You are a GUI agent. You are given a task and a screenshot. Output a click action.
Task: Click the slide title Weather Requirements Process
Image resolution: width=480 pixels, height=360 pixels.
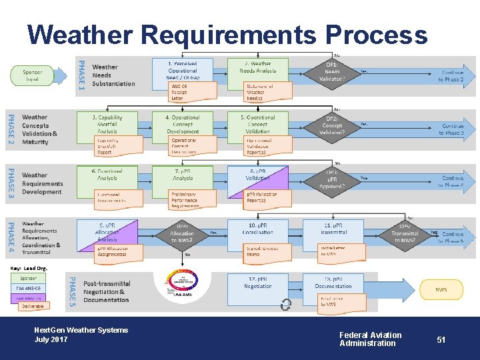227,35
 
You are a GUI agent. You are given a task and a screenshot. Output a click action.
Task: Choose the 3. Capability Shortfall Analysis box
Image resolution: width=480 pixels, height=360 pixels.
107,125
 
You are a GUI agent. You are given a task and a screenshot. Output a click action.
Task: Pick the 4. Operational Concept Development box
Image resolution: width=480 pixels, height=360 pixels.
183,125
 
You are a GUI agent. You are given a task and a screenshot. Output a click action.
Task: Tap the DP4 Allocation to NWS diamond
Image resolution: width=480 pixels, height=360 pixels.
182,233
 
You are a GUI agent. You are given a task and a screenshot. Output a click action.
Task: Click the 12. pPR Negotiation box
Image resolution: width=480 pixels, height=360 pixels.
257,283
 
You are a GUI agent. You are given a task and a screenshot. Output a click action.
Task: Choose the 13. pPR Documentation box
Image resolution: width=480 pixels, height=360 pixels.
333,283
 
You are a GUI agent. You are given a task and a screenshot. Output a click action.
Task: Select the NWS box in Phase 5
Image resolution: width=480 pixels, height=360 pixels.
441,290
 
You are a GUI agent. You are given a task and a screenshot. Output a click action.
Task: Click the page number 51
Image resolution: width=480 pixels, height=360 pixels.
441,340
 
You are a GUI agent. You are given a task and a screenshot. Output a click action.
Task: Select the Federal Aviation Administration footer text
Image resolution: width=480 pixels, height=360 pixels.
370,339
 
